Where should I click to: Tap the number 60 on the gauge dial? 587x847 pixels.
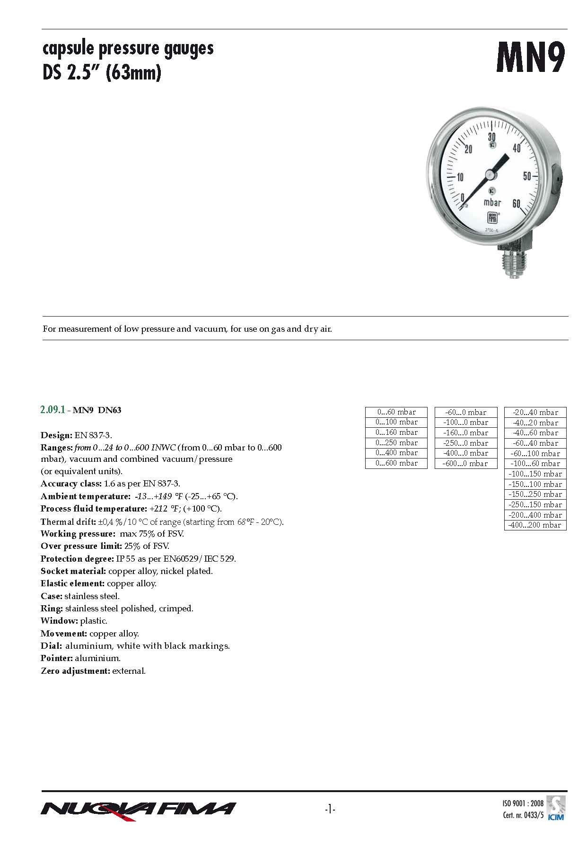[x=516, y=203]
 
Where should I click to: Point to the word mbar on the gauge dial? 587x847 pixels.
[x=492, y=203]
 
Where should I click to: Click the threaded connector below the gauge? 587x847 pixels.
[x=513, y=262]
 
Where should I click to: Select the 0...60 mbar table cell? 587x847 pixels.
[x=396, y=412]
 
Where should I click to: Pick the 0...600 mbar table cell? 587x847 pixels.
[x=396, y=464]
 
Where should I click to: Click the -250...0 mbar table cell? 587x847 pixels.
[x=466, y=443]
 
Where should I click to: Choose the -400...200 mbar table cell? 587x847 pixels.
[x=535, y=525]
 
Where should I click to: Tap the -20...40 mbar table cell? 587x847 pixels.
[x=535, y=412]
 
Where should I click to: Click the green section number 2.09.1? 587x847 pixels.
[x=53, y=410]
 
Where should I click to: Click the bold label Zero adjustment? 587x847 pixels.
[x=75, y=671]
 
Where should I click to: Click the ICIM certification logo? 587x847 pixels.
[x=555, y=807]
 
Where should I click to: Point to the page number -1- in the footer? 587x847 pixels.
[x=330, y=810]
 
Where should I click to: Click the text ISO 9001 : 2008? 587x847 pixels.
[x=523, y=803]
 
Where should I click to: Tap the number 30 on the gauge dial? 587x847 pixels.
[x=492, y=137]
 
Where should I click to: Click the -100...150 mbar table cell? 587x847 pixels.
[x=535, y=474]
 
